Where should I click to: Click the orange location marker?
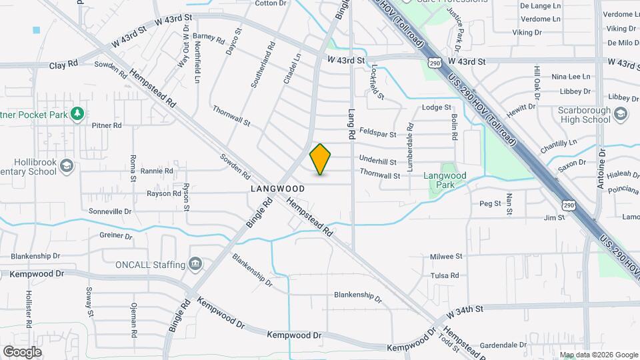coord(320,159)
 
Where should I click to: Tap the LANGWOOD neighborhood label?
coord(278,189)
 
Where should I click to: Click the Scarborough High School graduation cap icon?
coord(621,113)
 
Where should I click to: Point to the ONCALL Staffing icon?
coord(195,265)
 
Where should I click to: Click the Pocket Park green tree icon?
coord(78,114)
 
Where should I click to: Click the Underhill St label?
coord(377,161)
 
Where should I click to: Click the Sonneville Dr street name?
coord(110,211)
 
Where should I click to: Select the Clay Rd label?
coord(63,65)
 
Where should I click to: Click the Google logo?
coord(22,351)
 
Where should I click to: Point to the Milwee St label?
coord(446,256)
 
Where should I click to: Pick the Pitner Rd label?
coord(107,125)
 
